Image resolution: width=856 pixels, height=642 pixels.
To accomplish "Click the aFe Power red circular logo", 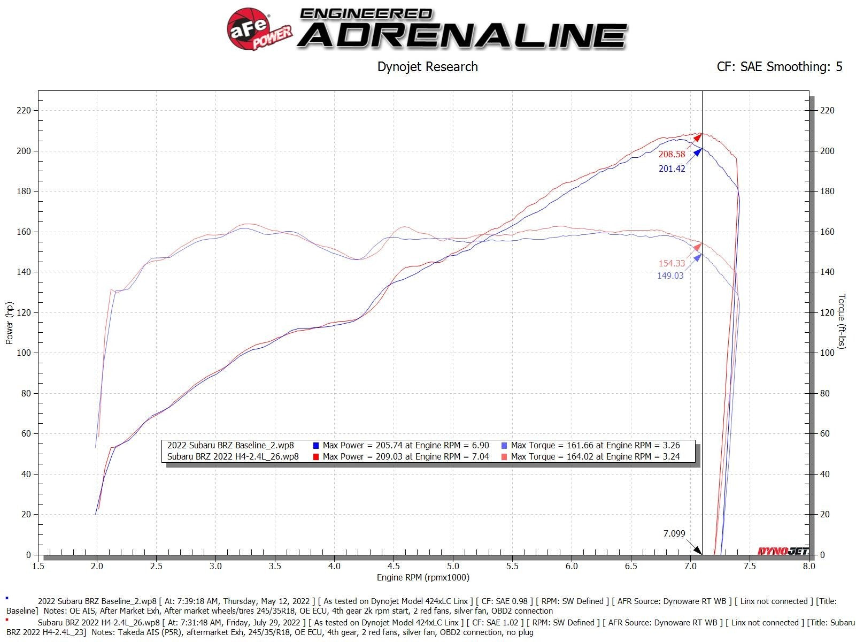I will click(247, 30).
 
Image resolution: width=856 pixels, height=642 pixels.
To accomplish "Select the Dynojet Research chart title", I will click(427, 67).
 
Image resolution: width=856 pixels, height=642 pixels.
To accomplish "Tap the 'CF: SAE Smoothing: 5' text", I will click(779, 67).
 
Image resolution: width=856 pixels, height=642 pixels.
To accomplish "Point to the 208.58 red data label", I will click(672, 155).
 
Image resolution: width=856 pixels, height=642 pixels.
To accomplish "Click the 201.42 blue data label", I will click(672, 169).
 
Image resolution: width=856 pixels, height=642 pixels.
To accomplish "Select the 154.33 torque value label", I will click(672, 264).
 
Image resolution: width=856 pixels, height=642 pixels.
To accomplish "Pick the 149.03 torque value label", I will click(670, 276).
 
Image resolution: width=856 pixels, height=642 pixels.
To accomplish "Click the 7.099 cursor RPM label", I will click(674, 533).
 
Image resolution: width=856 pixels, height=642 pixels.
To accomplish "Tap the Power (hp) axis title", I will click(10, 323).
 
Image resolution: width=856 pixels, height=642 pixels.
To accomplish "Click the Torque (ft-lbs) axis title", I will click(842, 322).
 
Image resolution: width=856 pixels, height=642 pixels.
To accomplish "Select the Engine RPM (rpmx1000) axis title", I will click(423, 578).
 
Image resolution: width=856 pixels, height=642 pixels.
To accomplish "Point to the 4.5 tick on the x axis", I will click(394, 566).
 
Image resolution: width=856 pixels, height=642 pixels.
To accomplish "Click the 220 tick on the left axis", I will click(25, 111).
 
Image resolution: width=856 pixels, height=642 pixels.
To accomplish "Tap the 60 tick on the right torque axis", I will click(827, 434).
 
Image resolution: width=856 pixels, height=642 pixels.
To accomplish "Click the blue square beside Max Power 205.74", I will click(316, 446).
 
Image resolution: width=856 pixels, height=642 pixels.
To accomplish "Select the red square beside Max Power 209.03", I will click(316, 457).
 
